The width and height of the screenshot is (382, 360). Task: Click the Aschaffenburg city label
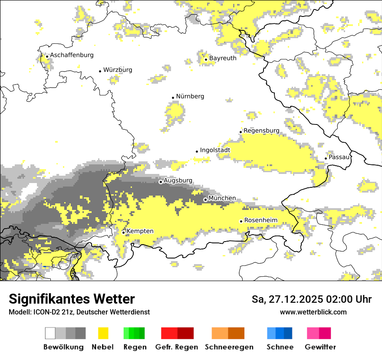[72, 55]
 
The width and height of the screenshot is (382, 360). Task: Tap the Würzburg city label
[118, 70]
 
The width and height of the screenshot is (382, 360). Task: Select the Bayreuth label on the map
[223, 58]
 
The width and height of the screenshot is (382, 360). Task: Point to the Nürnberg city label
[190, 96]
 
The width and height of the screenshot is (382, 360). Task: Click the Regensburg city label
[261, 131]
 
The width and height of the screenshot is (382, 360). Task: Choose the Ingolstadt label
[215, 151]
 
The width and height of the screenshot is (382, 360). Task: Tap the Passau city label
[339, 157]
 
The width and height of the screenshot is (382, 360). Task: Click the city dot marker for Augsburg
[161, 182]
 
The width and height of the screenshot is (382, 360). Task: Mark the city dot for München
[205, 200]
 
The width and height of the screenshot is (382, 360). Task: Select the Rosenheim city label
[260, 220]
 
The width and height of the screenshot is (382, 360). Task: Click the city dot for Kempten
[123, 232]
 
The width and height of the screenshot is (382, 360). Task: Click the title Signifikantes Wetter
[72, 299]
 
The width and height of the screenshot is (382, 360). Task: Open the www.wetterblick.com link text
[313, 312]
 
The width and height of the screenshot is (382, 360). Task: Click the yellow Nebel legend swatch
[103, 333]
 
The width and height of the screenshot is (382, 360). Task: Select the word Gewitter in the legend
[320, 347]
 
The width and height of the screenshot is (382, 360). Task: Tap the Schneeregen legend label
[229, 347]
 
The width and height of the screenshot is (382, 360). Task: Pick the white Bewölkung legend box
[50, 333]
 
